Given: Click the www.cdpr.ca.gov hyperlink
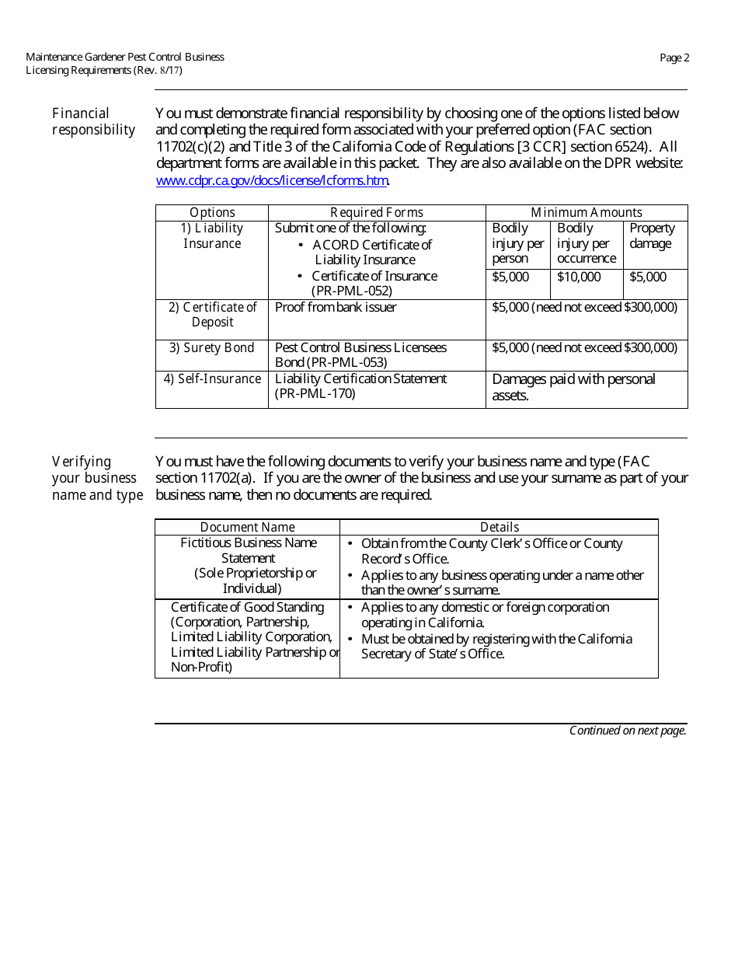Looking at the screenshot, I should [x=272, y=180].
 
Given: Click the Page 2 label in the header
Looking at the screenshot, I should [x=674, y=58].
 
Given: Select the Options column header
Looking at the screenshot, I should [x=212, y=212].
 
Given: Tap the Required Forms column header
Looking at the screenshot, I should [x=377, y=212].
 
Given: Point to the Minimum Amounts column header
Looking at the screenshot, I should [x=586, y=212].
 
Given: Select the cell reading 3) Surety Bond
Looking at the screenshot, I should [x=212, y=347].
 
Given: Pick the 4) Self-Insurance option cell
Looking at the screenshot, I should [x=212, y=379].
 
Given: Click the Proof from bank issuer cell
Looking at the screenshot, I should [x=336, y=307].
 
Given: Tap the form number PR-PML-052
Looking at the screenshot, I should [x=352, y=291].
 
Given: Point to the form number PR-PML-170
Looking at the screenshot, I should [x=315, y=393].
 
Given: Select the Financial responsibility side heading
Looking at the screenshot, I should [x=93, y=121].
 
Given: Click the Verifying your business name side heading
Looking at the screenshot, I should [x=97, y=478].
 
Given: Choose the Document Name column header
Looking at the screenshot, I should [x=247, y=527].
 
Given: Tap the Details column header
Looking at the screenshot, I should [x=499, y=527].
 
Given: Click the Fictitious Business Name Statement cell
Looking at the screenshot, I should [x=248, y=565].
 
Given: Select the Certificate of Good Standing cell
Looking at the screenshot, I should [x=248, y=637].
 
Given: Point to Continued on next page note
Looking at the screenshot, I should [x=628, y=731].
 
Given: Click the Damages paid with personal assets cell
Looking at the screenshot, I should [x=573, y=387].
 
